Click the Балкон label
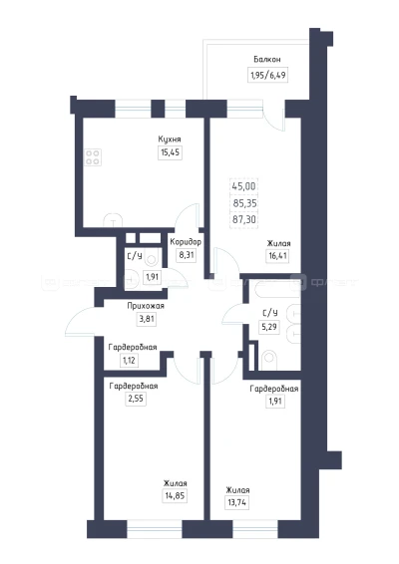pyautogui.click(x=267, y=60)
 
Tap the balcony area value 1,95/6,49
pyautogui.click(x=267, y=75)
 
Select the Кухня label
pyautogui.click(x=170, y=140)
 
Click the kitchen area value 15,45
pyautogui.click(x=170, y=152)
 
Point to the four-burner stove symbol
pyautogui.click(x=92, y=157)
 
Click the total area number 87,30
pyautogui.click(x=244, y=219)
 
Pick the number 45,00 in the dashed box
pyautogui.click(x=243, y=186)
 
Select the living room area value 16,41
pyautogui.click(x=278, y=256)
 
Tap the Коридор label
pyautogui.click(x=186, y=242)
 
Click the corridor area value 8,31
pyautogui.click(x=187, y=255)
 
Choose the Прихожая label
pyautogui.click(x=146, y=306)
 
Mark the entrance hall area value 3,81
pyautogui.click(x=147, y=319)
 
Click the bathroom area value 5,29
pyautogui.click(x=270, y=327)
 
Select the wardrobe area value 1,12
pyautogui.click(x=129, y=360)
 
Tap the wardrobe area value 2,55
pyautogui.click(x=136, y=399)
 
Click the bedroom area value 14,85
pyautogui.click(x=175, y=496)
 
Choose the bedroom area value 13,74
pyautogui.click(x=237, y=502)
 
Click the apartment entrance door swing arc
pyautogui.click(x=75, y=316)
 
